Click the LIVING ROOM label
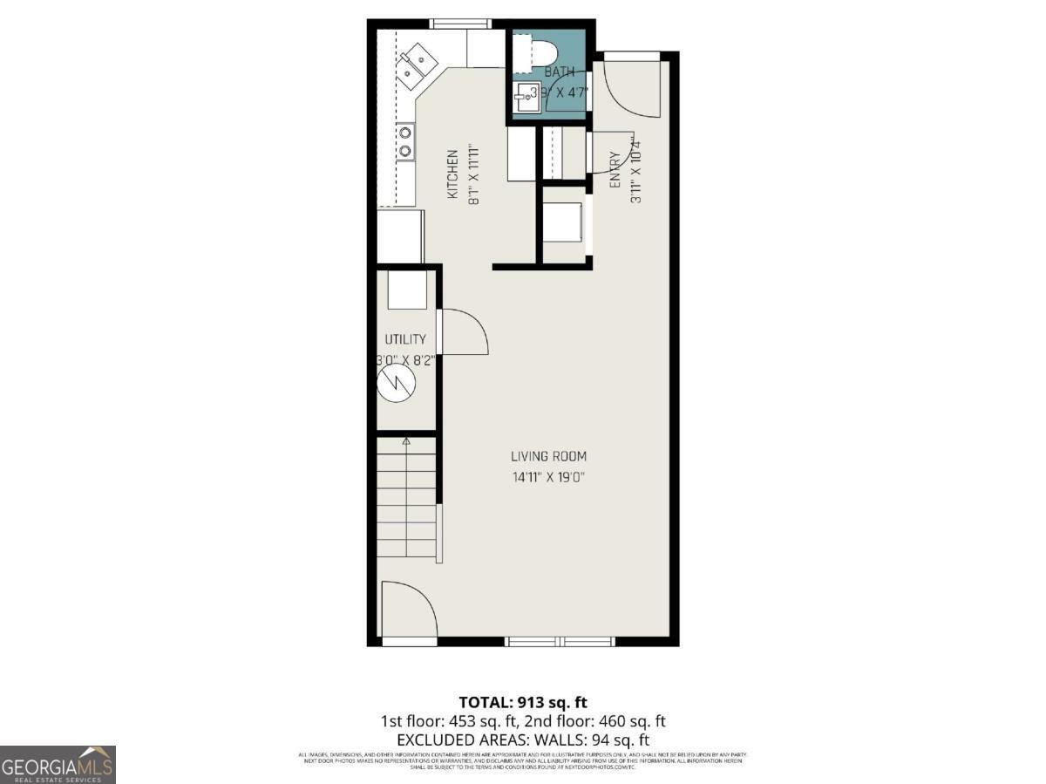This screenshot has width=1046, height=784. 548,456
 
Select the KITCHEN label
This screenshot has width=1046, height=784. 453,174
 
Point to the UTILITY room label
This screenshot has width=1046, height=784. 405,339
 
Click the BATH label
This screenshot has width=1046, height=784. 560,72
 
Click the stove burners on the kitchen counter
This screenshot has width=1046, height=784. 405,143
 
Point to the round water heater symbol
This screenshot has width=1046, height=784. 396,382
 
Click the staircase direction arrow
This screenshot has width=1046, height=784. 406,444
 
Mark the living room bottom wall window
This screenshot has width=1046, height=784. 560,642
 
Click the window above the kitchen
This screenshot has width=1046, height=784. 460,24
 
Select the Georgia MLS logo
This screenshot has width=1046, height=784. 58,765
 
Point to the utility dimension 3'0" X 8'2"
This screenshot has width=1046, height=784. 405,358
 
